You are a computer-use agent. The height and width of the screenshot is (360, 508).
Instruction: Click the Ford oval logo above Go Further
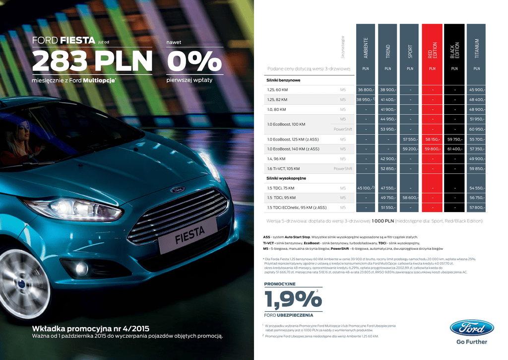[x=472, y=328]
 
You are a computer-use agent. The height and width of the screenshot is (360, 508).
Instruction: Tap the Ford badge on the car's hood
[x=178, y=189]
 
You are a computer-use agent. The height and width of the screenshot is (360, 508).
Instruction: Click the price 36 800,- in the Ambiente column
[x=366, y=90]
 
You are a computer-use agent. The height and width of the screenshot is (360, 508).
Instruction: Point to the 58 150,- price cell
[x=432, y=139]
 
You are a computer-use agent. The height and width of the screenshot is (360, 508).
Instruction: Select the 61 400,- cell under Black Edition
[x=454, y=149]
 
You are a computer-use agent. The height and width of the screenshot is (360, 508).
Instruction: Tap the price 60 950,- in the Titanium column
[x=476, y=129]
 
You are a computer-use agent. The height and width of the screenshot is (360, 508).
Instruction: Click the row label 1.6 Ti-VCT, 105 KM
[x=283, y=168]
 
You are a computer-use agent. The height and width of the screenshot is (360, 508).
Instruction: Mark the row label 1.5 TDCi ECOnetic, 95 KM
[x=290, y=208]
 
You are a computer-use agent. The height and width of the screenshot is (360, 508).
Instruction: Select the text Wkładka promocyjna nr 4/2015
[x=91, y=329]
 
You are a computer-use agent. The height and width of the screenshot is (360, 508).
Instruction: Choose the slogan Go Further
[x=471, y=342]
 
